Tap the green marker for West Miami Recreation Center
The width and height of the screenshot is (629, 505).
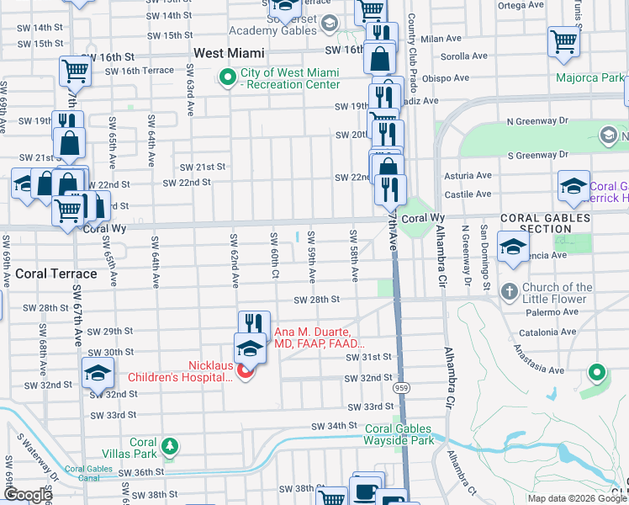pos(227,78)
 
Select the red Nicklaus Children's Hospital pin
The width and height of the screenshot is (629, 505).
pos(246,371)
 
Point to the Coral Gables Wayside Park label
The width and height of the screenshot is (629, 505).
pos(399,433)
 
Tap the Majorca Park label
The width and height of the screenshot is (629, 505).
pos(589,78)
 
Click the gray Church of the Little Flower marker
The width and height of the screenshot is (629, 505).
pos(509,292)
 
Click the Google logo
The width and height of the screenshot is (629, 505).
pos(27,495)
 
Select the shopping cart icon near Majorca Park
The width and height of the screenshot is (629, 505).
pos(563,41)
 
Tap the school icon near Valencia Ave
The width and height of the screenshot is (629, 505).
pos(512,247)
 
